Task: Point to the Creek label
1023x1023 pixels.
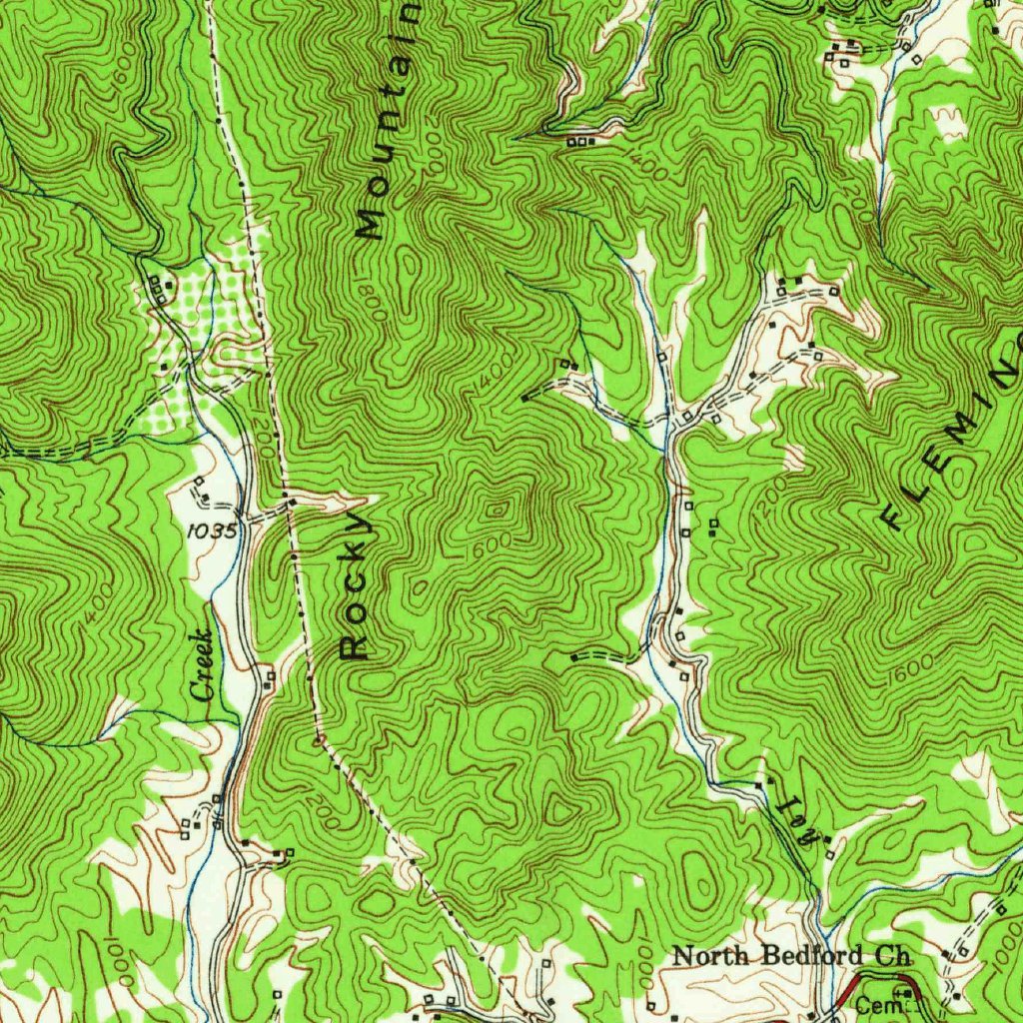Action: [203, 664]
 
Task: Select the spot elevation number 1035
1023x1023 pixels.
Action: [211, 531]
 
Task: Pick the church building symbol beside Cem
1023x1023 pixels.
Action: [904, 992]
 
